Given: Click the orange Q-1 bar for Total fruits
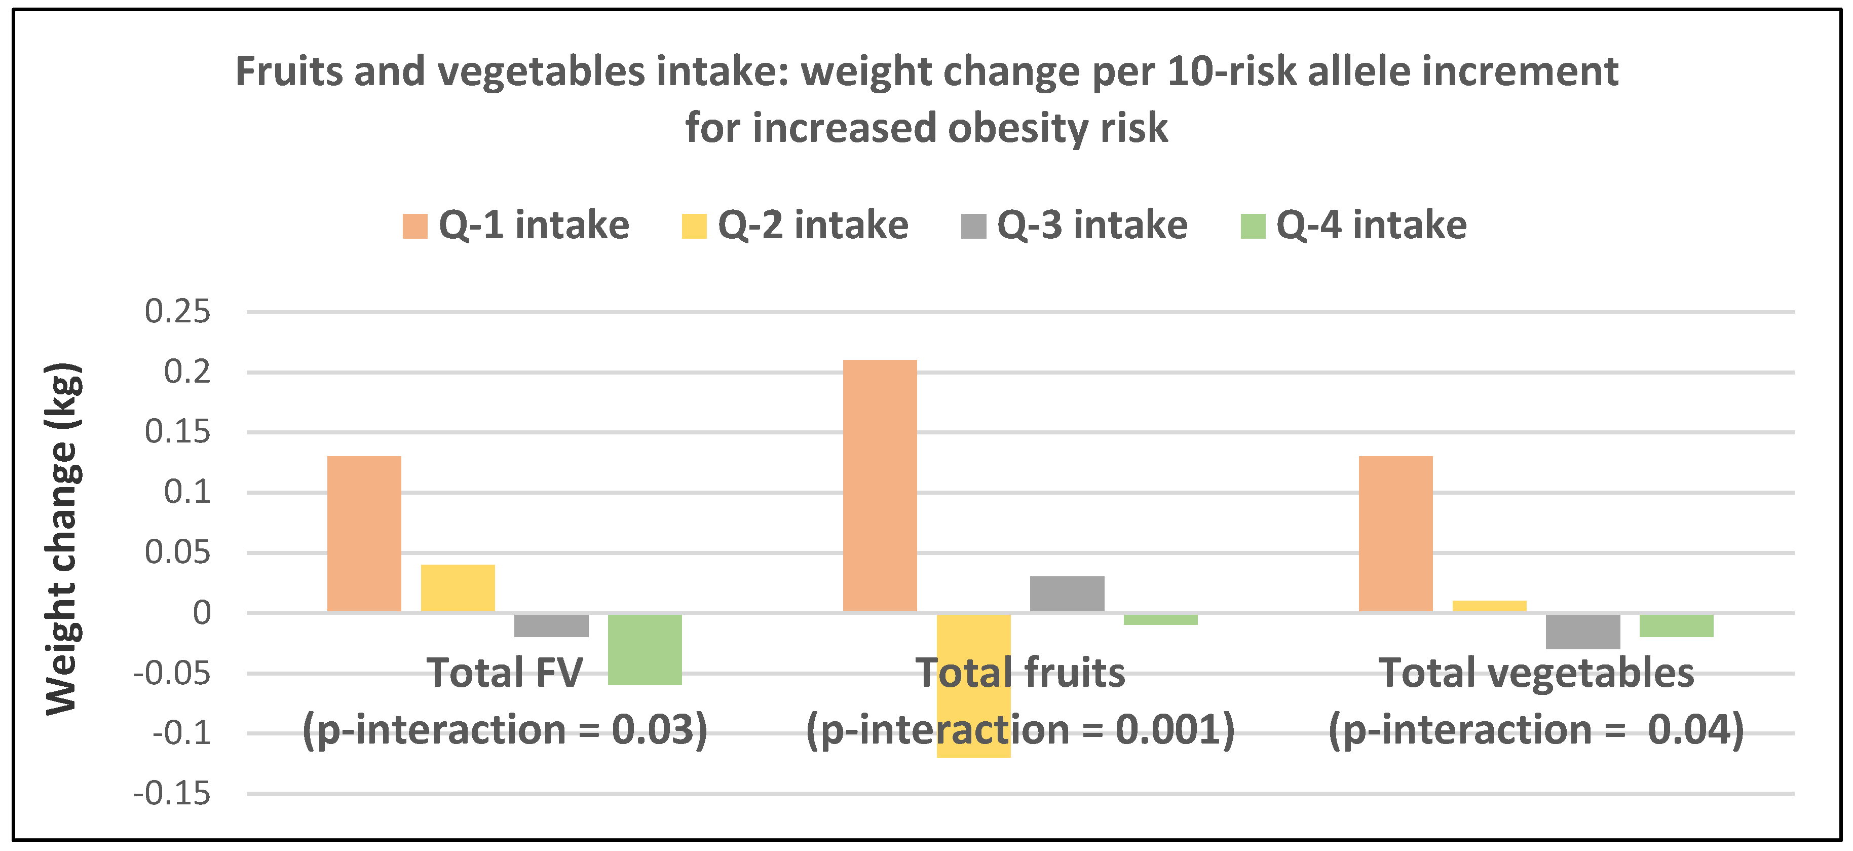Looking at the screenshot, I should coord(880,486).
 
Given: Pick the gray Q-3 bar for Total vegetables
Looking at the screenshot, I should coord(1582,631).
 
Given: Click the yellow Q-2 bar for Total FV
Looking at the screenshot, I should coord(458,588).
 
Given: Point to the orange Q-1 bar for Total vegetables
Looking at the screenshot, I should coord(1395,534).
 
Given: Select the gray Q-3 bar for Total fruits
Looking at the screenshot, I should coord(1067,594).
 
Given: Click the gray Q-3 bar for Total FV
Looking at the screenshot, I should coord(551,625).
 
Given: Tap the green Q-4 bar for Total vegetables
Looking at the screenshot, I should coord(1676,625).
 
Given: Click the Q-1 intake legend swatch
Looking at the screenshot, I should coord(415,226).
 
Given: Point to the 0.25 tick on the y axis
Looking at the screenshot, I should coord(178,312).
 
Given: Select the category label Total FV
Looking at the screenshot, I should coord(504,673).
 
